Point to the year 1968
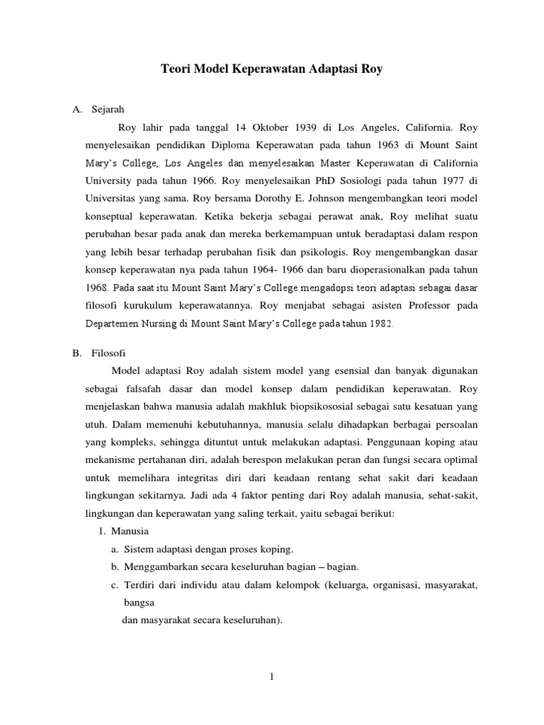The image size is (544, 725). click(x=96, y=288)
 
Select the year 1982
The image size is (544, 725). click(x=380, y=324)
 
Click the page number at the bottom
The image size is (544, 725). click(x=271, y=677)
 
